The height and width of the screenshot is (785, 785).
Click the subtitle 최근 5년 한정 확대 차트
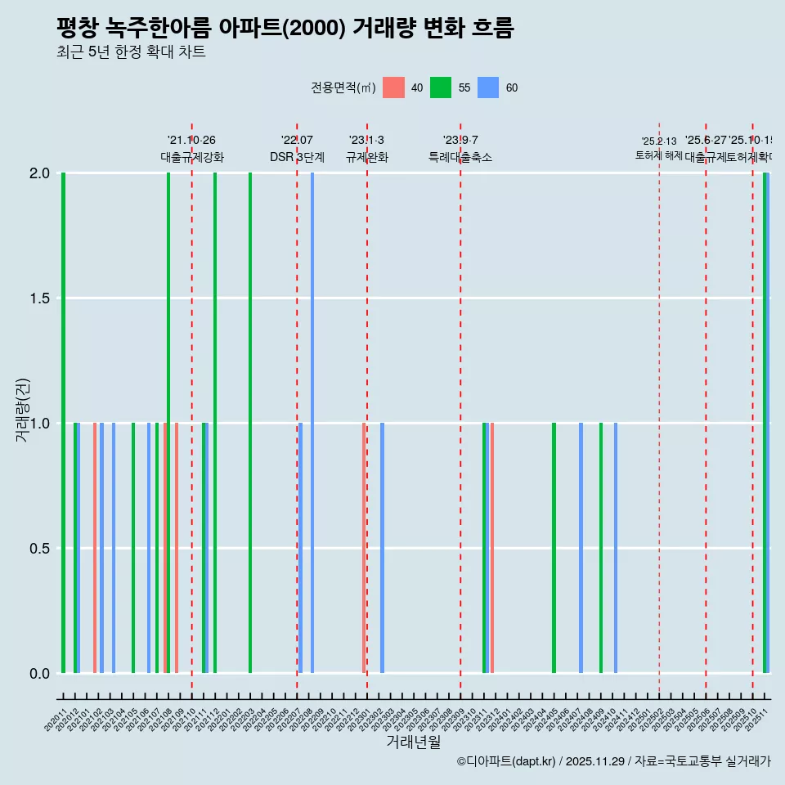click(x=131, y=52)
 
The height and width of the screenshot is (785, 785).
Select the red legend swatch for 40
click(x=393, y=87)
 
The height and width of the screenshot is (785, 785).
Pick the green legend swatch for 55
click(x=441, y=87)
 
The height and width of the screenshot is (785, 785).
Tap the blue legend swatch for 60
click(x=488, y=87)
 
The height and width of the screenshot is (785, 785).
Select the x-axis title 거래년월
click(x=413, y=742)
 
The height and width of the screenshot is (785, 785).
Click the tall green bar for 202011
click(x=63, y=423)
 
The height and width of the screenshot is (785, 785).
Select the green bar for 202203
click(x=250, y=423)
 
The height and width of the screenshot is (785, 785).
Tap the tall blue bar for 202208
click(x=312, y=423)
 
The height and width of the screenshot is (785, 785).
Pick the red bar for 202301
click(x=364, y=548)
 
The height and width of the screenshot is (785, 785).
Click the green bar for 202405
click(x=554, y=548)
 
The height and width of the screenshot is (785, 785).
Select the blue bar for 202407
click(x=581, y=548)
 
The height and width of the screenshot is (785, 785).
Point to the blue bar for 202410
click(x=616, y=548)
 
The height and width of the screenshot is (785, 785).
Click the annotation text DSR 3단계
click(x=298, y=157)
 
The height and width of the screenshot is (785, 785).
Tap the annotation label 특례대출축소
click(x=460, y=157)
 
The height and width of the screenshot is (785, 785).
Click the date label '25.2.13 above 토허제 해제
click(x=659, y=141)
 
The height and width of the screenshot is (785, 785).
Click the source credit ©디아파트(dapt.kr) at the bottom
click(x=507, y=761)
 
